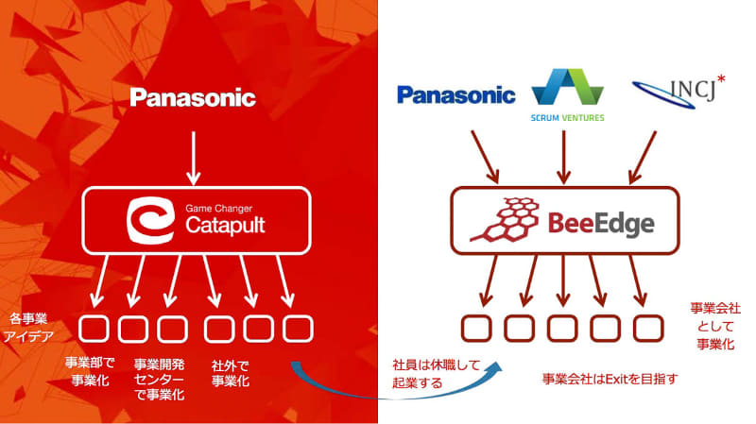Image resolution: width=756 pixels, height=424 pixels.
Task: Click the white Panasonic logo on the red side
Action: [x=193, y=97]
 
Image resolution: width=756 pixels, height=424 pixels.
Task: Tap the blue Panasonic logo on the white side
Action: [x=455, y=94]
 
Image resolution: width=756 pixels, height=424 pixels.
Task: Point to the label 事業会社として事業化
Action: [x=714, y=327]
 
